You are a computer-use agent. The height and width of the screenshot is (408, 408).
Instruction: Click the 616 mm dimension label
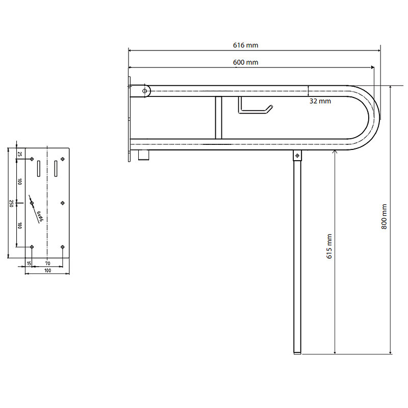coord(245,45)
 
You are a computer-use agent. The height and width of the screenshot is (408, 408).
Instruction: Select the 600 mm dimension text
coord(245,62)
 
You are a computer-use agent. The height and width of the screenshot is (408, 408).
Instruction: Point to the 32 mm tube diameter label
coord(320,101)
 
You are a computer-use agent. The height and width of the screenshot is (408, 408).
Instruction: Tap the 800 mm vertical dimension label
coord(384,216)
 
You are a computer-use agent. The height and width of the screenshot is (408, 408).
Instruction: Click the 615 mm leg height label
coord(329,246)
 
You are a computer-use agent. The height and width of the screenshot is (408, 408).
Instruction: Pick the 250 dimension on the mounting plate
coord(11,203)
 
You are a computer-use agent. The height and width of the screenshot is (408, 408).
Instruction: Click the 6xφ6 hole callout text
coord(40,216)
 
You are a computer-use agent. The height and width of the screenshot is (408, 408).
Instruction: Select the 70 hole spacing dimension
coord(47,264)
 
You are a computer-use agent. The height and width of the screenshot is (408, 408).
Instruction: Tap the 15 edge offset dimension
coord(29,264)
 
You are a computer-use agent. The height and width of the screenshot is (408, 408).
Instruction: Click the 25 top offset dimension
coord(19,154)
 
